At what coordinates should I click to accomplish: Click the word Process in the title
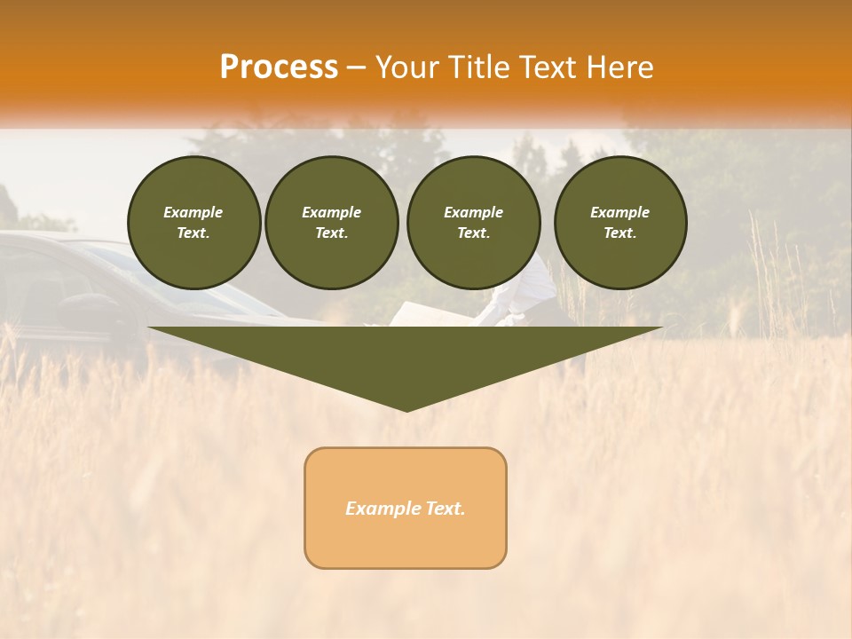[x=279, y=67]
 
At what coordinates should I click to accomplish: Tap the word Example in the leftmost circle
[x=193, y=212]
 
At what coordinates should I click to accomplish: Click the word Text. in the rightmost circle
[x=620, y=233]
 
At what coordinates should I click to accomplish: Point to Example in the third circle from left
[x=473, y=212]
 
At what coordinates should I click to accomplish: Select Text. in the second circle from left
[x=331, y=233]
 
